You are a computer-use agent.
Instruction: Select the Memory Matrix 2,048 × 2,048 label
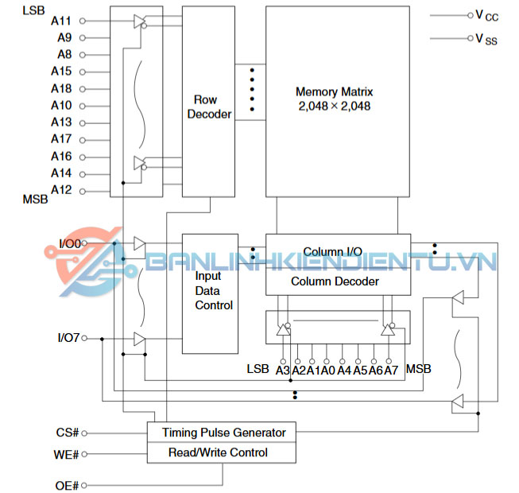pos(334,99)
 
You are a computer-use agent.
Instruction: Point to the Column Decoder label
pos(335,281)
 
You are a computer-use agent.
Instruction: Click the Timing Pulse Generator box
pos(222,433)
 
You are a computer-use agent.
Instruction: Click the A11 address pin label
pos(61,21)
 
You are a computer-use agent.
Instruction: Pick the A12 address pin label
pos(61,190)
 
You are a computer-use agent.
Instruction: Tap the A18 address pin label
pos(61,88)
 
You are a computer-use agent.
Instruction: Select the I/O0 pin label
pos(69,243)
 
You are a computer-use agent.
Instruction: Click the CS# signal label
pos(66,433)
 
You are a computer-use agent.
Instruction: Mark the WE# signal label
pos(66,455)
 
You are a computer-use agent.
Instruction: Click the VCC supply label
pos(486,15)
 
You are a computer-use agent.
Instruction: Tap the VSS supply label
pos(486,38)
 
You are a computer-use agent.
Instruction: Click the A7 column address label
pos(391,371)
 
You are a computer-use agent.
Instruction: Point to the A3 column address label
pos(282,371)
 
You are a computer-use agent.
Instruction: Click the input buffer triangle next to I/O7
pos(139,340)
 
